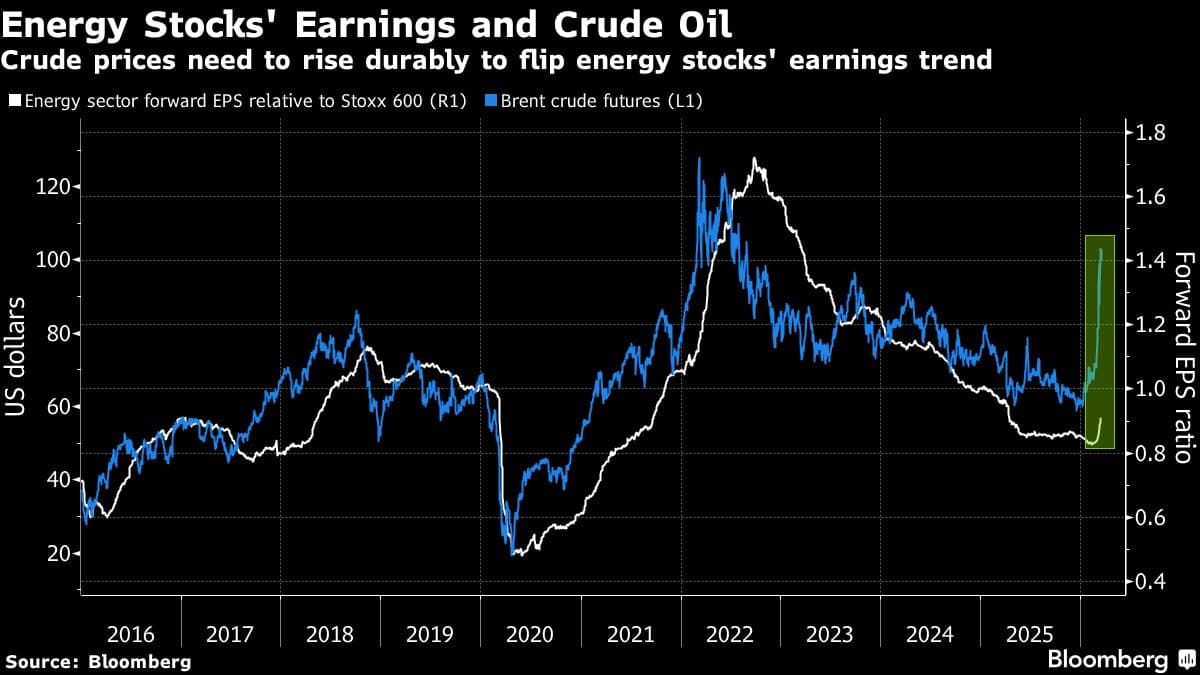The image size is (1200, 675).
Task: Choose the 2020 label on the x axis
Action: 530,633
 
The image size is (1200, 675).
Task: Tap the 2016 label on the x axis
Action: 130,633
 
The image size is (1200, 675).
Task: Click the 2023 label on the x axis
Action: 830,633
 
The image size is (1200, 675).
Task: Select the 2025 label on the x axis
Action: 1030,633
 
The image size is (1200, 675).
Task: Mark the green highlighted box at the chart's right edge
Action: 1100,342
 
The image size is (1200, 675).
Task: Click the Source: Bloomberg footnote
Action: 97,661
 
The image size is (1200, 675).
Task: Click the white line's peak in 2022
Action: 755,160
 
